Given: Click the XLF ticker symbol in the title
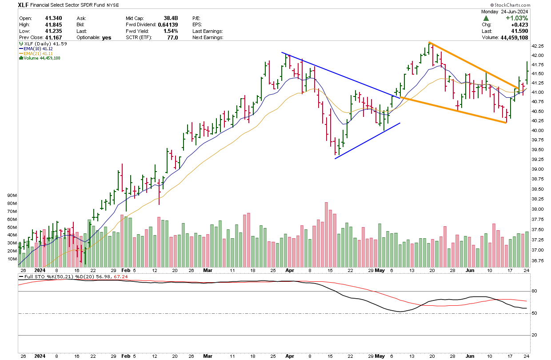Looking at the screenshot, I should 24,5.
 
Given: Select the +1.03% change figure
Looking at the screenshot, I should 516,18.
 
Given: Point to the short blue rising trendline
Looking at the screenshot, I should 367,140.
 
